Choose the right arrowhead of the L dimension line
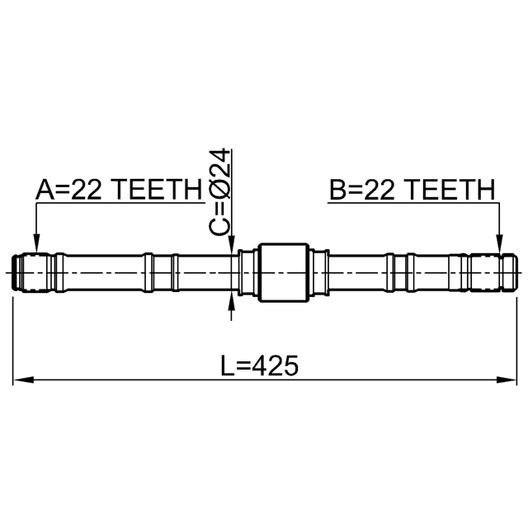point(505,380)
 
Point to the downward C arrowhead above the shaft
point(231,243)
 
